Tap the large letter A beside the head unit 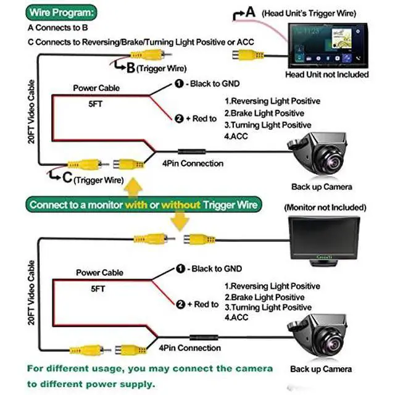coord(250,12)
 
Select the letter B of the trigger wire coord(130,67)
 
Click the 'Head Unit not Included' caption coord(327,75)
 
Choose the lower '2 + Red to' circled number coord(180,304)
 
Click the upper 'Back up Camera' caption coord(322,187)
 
